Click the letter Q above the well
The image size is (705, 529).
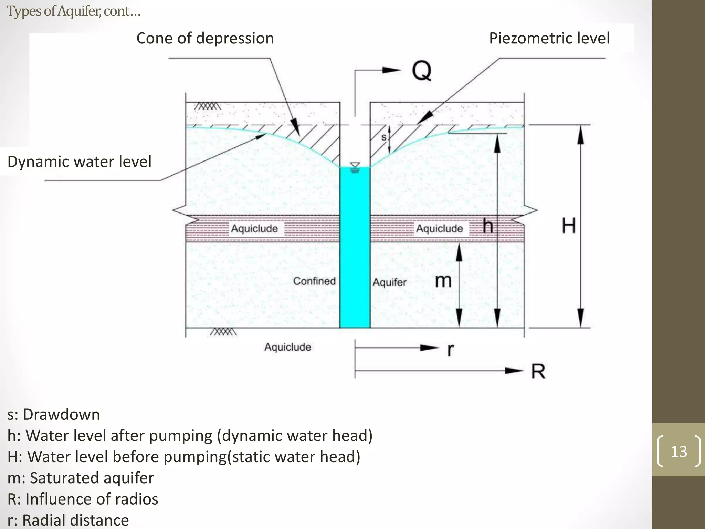pyautogui.click(x=421, y=71)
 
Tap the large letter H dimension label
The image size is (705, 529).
pyautogui.click(x=569, y=226)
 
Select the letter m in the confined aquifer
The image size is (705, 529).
pyautogui.click(x=443, y=281)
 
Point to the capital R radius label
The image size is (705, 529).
pyautogui.click(x=538, y=372)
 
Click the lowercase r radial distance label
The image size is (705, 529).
pyautogui.click(x=450, y=350)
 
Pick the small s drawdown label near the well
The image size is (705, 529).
pyautogui.click(x=384, y=137)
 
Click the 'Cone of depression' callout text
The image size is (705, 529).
pyautogui.click(x=205, y=38)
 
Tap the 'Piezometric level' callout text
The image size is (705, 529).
pyautogui.click(x=549, y=38)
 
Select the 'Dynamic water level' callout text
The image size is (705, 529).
pyautogui.click(x=79, y=162)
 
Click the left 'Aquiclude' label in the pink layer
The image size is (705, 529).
pyautogui.click(x=254, y=228)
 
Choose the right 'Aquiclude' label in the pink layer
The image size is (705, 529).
pyautogui.click(x=439, y=228)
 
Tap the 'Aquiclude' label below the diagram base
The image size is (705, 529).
pyautogui.click(x=287, y=347)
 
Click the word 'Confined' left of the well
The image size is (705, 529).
pyautogui.click(x=314, y=281)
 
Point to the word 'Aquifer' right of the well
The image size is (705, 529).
pyautogui.click(x=389, y=282)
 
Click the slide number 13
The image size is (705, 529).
pyautogui.click(x=678, y=451)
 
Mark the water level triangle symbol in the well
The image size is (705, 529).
pyautogui.click(x=355, y=166)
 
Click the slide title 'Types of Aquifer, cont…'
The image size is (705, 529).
pyautogui.click(x=73, y=11)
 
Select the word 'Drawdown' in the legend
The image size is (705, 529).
pyautogui.click(x=61, y=414)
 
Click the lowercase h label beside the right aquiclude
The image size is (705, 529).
pyautogui.click(x=487, y=226)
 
